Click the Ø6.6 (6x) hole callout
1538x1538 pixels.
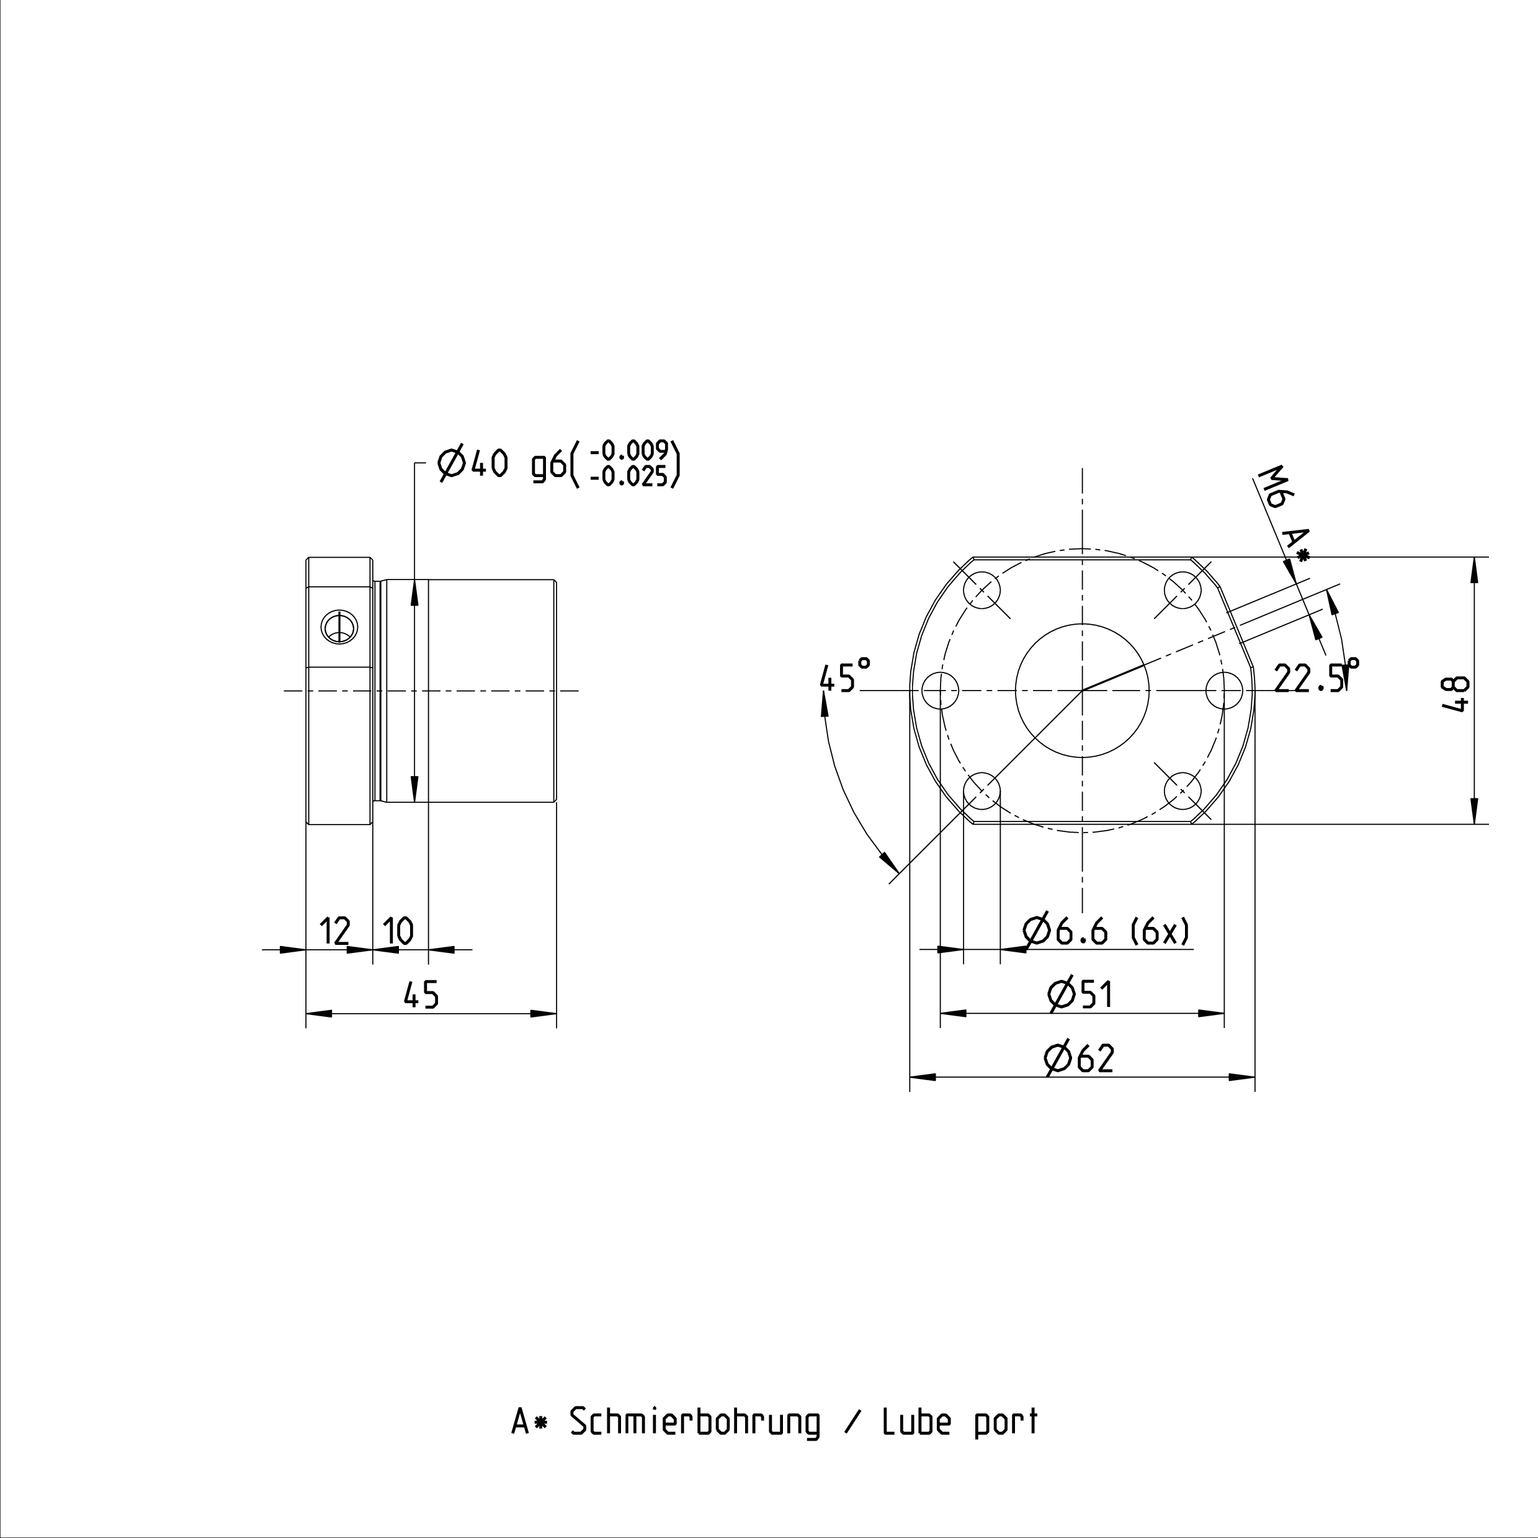pyautogui.click(x=1107, y=930)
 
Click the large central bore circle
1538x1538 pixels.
pyautogui.click(x=1082, y=690)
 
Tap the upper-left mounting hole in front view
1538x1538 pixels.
pyautogui.click(x=981, y=590)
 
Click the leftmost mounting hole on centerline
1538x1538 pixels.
pyautogui.click(x=940, y=690)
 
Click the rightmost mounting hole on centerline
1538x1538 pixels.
pyautogui.click(x=1224, y=690)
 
